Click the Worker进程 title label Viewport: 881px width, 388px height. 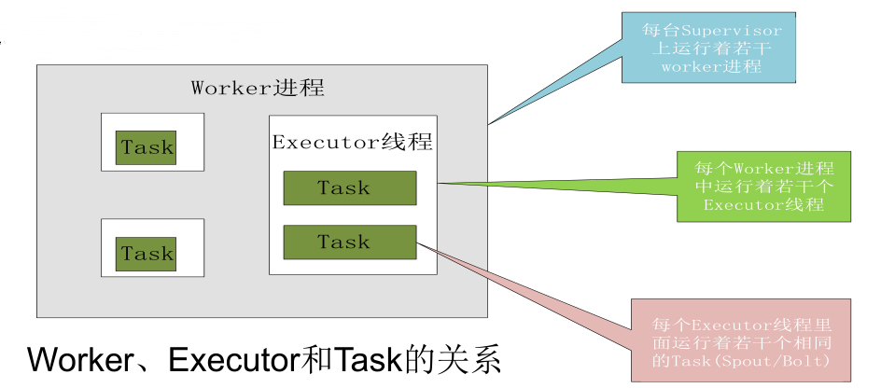click(258, 89)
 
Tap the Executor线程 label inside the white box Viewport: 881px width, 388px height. click(352, 143)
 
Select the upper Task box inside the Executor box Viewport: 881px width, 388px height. click(350, 188)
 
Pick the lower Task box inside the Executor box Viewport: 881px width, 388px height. click(350, 242)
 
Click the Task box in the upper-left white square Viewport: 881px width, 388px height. click(147, 147)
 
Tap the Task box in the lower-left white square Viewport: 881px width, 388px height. click(147, 254)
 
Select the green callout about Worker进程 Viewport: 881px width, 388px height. click(764, 187)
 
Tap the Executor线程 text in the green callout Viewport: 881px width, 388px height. click(763, 204)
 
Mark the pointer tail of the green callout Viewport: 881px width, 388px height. click(560, 185)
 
